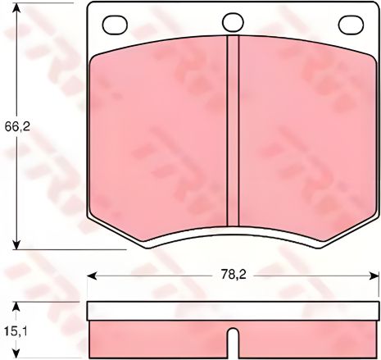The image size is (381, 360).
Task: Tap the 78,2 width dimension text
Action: click(x=233, y=276)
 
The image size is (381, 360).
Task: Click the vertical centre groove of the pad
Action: click(x=233, y=131)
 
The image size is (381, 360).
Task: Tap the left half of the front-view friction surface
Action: click(x=160, y=131)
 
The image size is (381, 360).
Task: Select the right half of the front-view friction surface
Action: click(x=303, y=131)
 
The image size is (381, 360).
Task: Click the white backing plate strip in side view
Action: click(x=233, y=311)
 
